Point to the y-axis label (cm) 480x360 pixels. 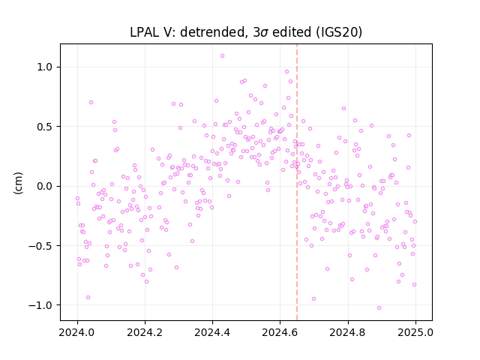coord(18,183)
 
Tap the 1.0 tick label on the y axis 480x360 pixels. coord(45,67)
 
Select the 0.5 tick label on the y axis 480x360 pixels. coord(45,127)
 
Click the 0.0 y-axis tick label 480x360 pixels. coord(45,186)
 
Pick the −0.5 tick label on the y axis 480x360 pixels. coord(40,246)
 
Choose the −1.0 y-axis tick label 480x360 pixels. coord(40,305)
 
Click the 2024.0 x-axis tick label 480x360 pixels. coord(77,332)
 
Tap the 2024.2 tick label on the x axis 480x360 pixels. coord(145,332)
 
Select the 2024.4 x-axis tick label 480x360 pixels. coord(212,332)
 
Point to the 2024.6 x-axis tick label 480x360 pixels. coord(280,332)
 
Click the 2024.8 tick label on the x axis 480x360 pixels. coord(348,332)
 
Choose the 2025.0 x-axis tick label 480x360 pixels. coord(415,332)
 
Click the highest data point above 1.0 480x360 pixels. coord(222,56)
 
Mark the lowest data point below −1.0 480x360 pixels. coord(379,308)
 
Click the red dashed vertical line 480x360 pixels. coord(297,182)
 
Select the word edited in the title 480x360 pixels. coord(292,32)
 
